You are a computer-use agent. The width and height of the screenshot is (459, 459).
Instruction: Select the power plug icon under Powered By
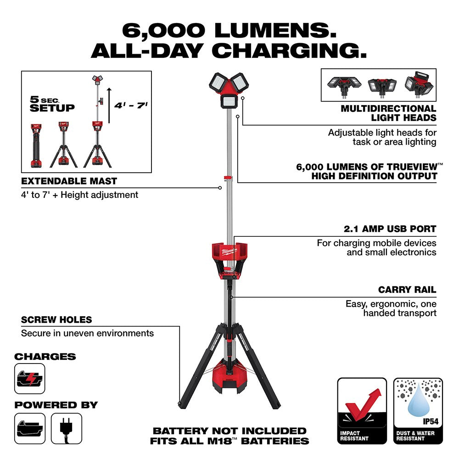click(67, 428)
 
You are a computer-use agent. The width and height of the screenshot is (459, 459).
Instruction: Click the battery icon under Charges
click(30, 379)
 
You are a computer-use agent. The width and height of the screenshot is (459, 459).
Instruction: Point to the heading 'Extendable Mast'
click(69, 181)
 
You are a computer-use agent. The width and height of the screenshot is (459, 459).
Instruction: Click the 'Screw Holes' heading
click(56, 320)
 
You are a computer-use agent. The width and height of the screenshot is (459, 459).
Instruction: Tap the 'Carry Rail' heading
click(407, 290)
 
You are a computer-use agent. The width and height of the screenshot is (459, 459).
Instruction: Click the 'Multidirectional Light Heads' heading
click(388, 113)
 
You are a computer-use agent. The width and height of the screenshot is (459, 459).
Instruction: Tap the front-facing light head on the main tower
click(229, 101)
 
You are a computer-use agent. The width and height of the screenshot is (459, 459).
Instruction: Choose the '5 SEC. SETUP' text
click(52, 105)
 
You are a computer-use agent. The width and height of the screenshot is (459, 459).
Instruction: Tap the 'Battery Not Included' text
click(229, 431)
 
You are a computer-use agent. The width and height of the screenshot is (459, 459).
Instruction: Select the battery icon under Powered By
click(30, 428)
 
